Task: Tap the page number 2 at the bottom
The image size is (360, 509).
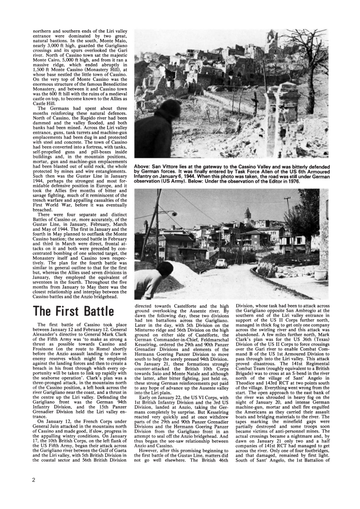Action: tap(34, 480)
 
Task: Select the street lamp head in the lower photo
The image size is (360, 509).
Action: tap(174, 214)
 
